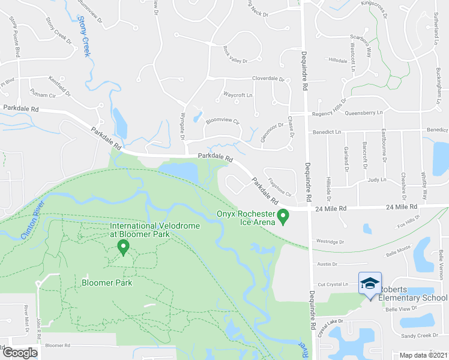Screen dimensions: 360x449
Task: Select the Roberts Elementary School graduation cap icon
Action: click(x=370, y=283)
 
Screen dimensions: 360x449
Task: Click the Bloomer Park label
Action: click(x=107, y=282)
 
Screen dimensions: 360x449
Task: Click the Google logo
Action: click(x=20, y=352)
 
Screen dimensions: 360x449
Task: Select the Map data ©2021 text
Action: click(x=423, y=355)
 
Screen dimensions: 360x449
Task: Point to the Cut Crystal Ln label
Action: click(x=333, y=284)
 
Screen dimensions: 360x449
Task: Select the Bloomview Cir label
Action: click(x=223, y=121)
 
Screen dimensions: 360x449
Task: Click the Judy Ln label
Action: click(x=377, y=179)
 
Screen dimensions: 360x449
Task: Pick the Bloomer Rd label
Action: click(x=58, y=346)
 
